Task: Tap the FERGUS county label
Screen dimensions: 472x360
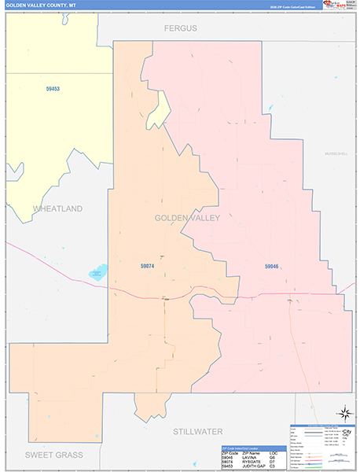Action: pos(180,28)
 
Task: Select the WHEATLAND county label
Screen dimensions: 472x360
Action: pos(57,208)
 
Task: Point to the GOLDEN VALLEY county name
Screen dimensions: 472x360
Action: pos(187,217)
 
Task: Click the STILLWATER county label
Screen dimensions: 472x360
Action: pos(197,431)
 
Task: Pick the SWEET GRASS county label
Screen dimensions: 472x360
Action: pos(53,455)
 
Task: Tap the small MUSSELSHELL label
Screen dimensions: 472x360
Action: pos(336,154)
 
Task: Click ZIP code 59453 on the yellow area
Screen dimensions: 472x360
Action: pos(53,89)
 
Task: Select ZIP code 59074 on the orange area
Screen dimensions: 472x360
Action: pos(148,267)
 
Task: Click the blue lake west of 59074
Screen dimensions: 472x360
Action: pos(98,272)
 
